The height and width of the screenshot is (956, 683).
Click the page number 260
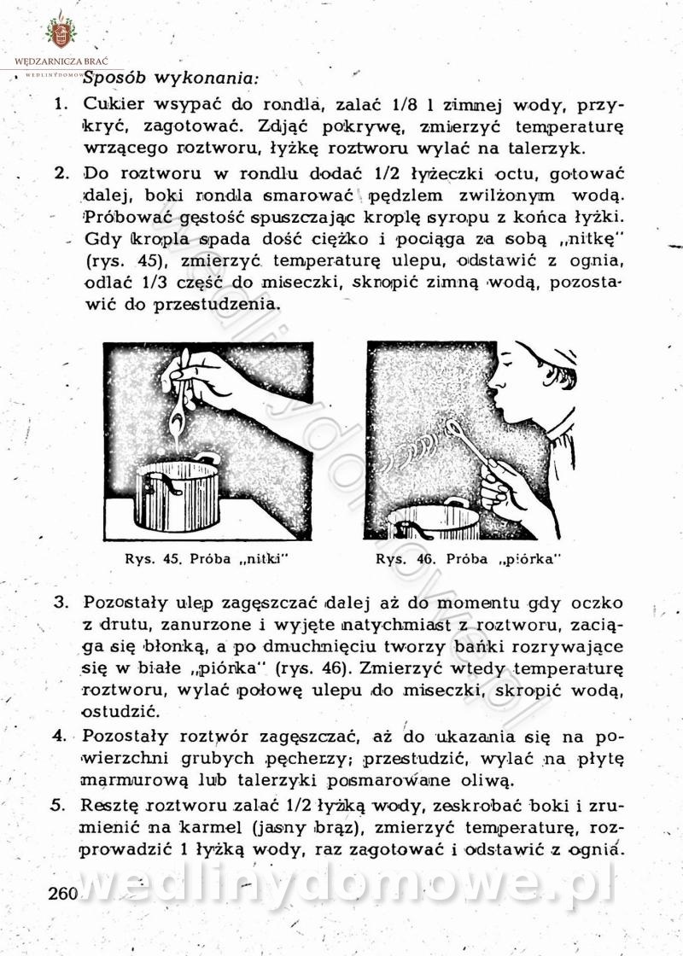click(63, 895)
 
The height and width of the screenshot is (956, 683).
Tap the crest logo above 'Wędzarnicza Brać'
click(61, 32)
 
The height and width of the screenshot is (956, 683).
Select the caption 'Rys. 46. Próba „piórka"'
click(470, 560)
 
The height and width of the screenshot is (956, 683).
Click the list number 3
click(61, 602)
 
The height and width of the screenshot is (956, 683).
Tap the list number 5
click(61, 804)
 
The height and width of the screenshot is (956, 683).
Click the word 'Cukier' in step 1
click(113, 105)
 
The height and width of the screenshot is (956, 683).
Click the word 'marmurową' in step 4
click(125, 779)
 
